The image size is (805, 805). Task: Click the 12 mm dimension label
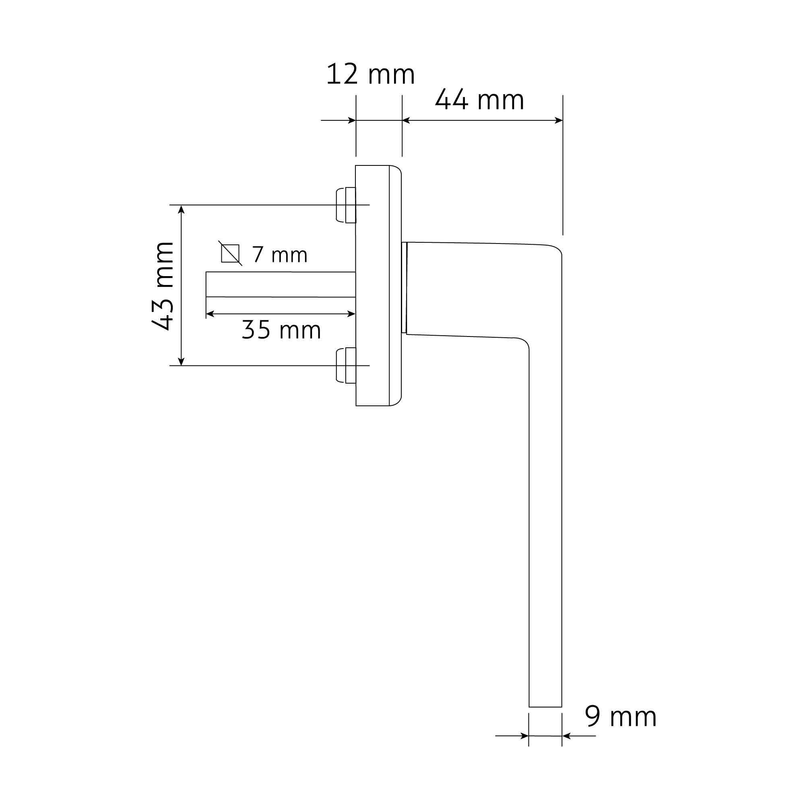coord(370,75)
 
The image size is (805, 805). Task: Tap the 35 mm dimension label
coord(281,330)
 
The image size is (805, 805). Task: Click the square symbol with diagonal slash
coord(230,253)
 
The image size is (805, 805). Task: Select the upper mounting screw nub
coord(345,205)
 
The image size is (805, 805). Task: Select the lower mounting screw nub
coord(345,365)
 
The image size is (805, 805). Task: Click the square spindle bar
coord(281,284)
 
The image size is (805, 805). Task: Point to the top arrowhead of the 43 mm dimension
coord(181,209)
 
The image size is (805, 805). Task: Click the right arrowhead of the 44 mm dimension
coord(559,120)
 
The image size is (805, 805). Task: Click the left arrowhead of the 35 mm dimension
coord(210,314)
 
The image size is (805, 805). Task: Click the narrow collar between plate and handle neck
coord(404,287)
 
